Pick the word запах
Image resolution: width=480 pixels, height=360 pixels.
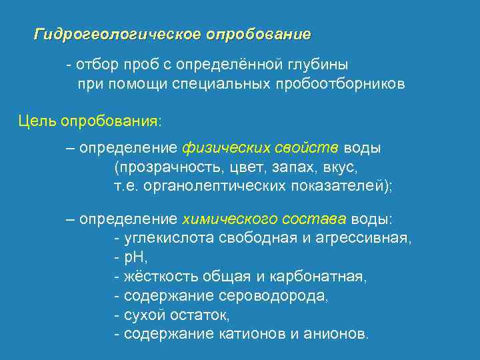[x=281, y=166]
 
